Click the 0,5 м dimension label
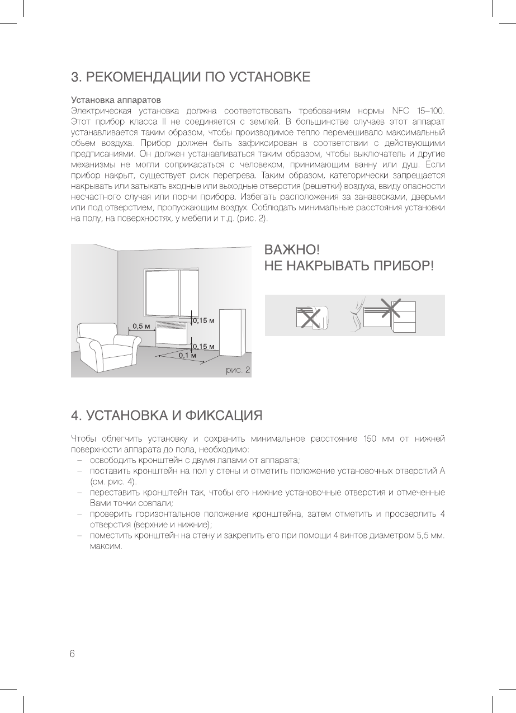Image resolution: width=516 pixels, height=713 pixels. [x=141, y=327]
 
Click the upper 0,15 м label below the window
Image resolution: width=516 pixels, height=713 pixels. [x=205, y=320]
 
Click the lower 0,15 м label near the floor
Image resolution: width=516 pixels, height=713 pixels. [x=205, y=347]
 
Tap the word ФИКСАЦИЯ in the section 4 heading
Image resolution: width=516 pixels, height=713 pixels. [x=224, y=415]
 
